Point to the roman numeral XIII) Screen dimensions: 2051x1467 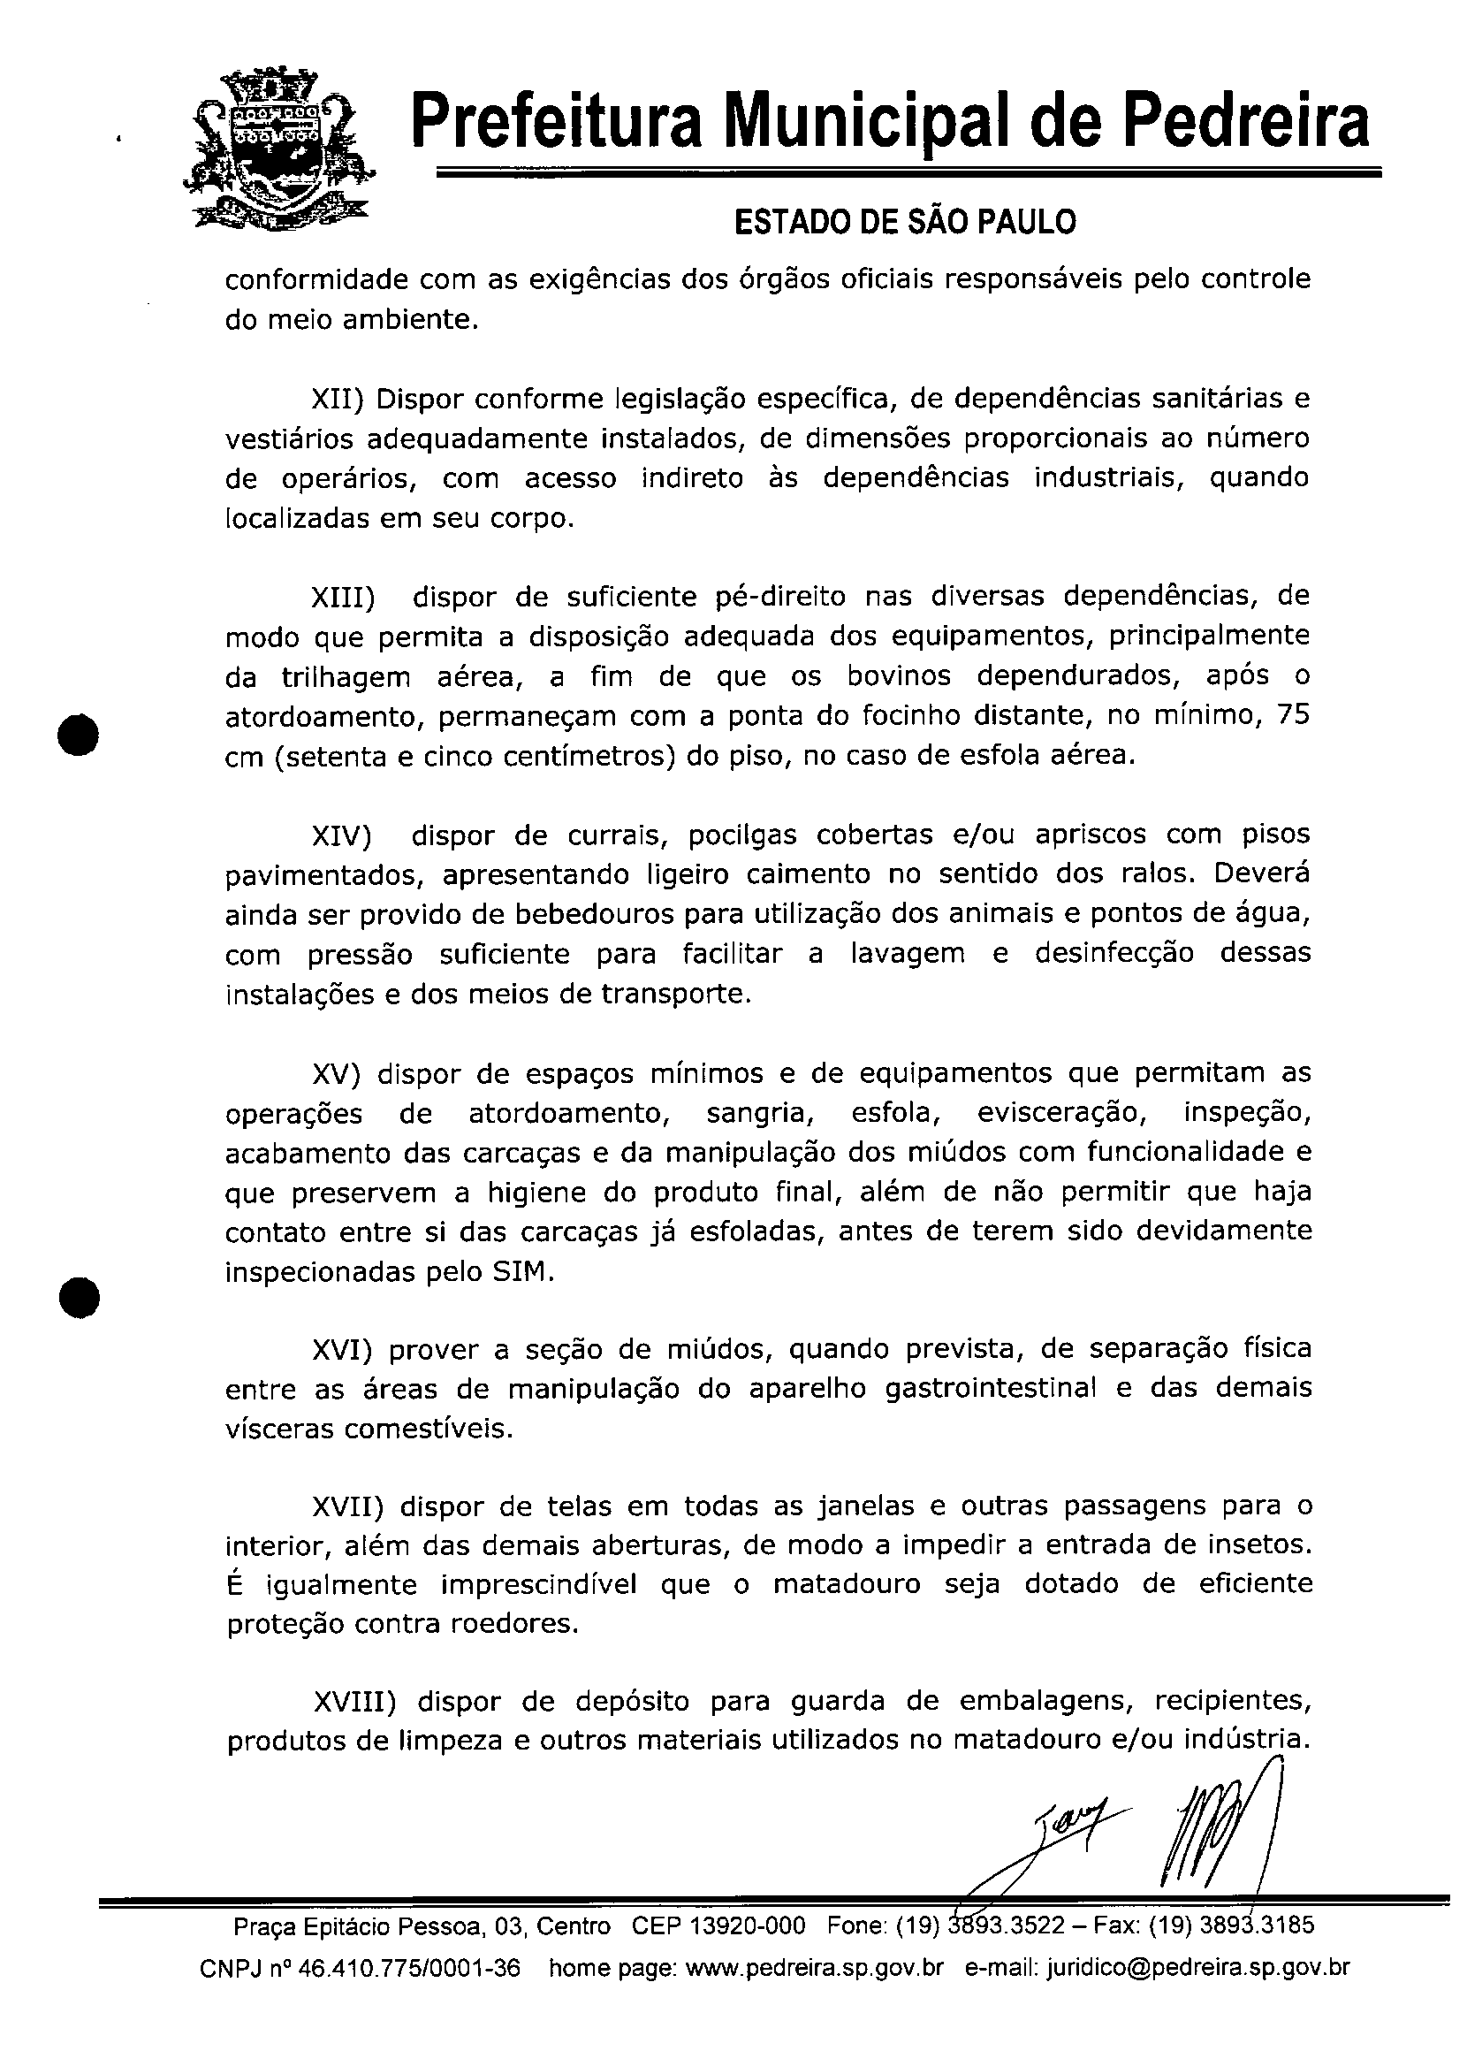[x=342, y=599]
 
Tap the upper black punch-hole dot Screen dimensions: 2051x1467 [x=79, y=733]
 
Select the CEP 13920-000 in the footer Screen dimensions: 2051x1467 [x=718, y=1925]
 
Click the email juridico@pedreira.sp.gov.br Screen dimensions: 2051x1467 [x=1197, y=1968]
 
